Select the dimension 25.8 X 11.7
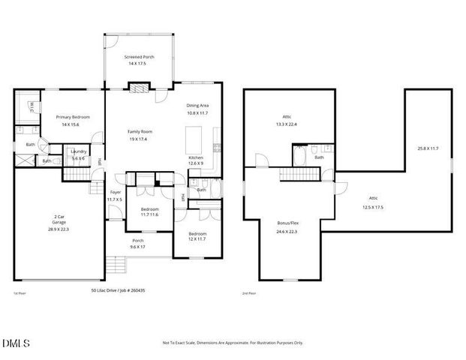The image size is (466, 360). (x=428, y=148)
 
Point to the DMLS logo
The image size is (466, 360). (x=17, y=343)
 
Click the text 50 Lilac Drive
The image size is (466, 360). (x=107, y=289)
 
